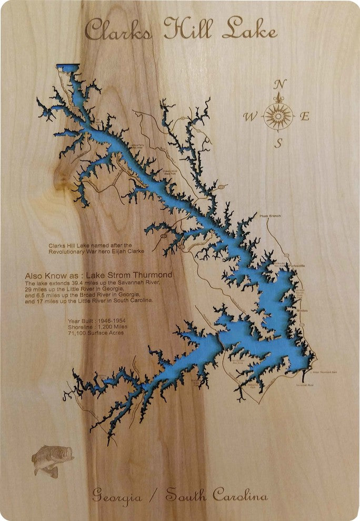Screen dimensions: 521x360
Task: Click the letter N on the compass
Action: tap(281, 84)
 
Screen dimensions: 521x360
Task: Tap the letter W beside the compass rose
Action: tap(251, 117)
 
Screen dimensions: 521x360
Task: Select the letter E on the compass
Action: tap(305, 117)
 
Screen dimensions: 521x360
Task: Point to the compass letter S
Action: tap(279, 143)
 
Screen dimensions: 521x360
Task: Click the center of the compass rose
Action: tap(278, 115)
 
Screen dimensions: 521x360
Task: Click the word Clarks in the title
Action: tap(118, 30)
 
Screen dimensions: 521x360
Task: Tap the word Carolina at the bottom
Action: tap(240, 495)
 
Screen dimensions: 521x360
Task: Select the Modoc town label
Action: tap(302, 310)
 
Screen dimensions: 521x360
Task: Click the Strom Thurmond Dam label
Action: tap(324, 372)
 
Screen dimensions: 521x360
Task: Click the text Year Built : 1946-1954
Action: tap(97, 320)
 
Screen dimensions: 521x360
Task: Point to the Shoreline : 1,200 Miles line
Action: tap(97, 327)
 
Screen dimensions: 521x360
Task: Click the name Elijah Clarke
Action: tap(126, 252)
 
